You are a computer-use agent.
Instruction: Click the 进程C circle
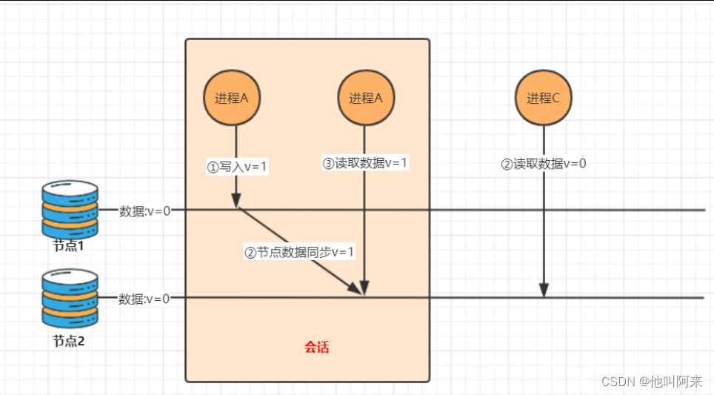[544, 98]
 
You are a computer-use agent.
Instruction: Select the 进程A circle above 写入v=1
[232, 98]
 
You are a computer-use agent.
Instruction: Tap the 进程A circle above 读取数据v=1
[366, 98]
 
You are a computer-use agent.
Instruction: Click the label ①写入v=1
[237, 167]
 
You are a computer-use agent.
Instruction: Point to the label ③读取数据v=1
[365, 163]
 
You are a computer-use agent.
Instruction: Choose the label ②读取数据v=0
[544, 164]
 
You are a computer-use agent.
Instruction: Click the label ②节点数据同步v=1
[300, 252]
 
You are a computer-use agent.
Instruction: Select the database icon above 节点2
[70, 298]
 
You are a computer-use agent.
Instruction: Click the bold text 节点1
[69, 245]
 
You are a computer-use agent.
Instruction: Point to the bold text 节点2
[69, 342]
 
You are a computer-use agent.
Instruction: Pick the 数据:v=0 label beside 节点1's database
[145, 210]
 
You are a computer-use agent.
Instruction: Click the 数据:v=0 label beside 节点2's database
[144, 299]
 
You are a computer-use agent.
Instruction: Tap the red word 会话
[316, 347]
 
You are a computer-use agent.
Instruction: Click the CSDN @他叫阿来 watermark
[652, 381]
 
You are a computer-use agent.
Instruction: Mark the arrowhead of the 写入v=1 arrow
[236, 202]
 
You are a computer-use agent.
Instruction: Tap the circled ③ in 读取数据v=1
[329, 164]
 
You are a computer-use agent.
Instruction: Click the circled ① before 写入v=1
[213, 167]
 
